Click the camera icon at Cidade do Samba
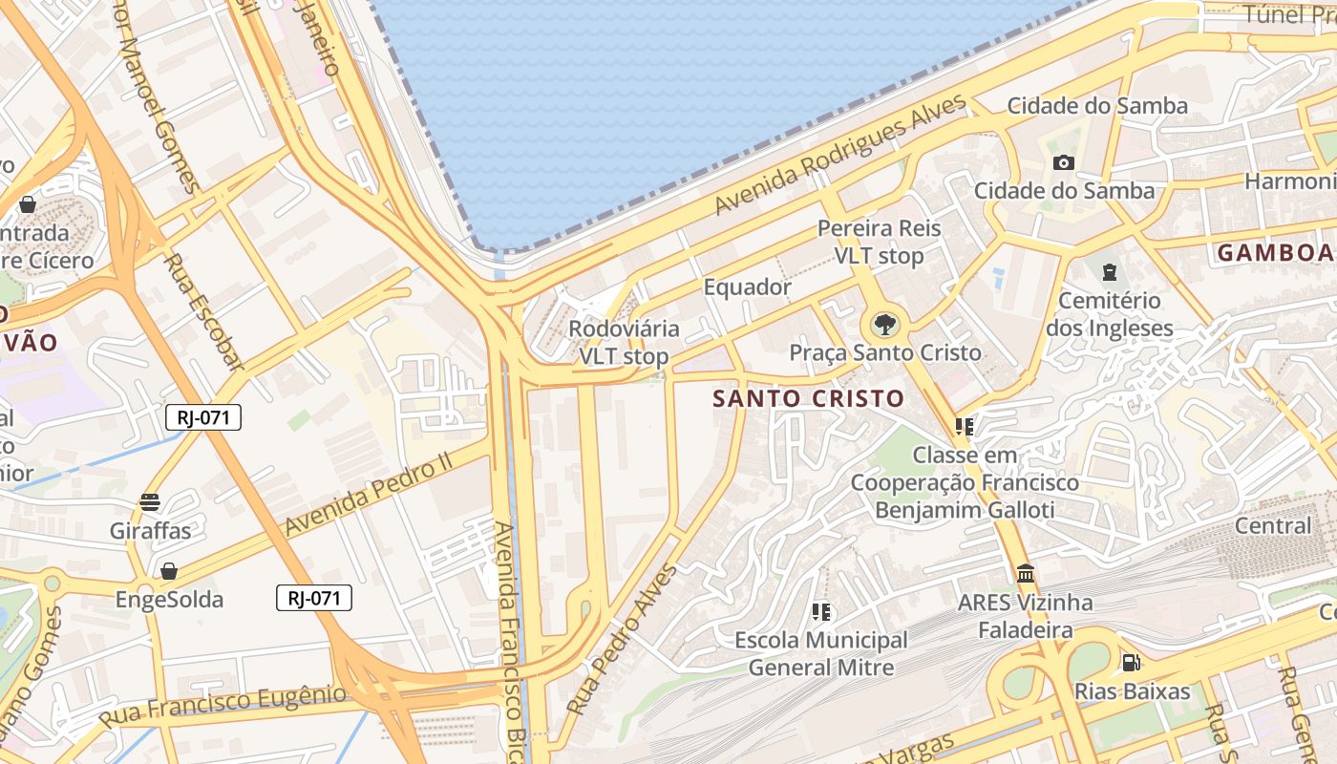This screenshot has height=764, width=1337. [x=1063, y=162]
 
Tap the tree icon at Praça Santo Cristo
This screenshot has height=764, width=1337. [x=885, y=325]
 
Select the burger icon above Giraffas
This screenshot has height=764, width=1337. [x=149, y=501]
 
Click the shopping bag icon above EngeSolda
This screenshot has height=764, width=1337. [x=169, y=571]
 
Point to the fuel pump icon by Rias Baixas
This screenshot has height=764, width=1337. [x=1131, y=662]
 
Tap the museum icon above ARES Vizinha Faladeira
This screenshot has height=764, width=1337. [x=1026, y=574]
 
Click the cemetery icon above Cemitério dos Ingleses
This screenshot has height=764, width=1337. [x=1109, y=272]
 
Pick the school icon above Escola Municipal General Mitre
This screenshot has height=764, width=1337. [x=820, y=611]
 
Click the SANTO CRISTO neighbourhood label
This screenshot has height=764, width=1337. [x=808, y=398]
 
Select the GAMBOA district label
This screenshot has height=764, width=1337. [x=1274, y=253]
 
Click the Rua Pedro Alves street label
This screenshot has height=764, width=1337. [x=622, y=640]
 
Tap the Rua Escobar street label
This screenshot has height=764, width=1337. [x=203, y=311]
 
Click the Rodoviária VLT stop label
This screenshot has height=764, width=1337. [x=624, y=343]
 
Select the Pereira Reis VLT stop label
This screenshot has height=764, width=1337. [x=879, y=243]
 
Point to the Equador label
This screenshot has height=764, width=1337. [x=747, y=287]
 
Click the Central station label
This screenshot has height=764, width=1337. [x=1273, y=526]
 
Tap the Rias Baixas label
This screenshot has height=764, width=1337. [x=1133, y=691]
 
